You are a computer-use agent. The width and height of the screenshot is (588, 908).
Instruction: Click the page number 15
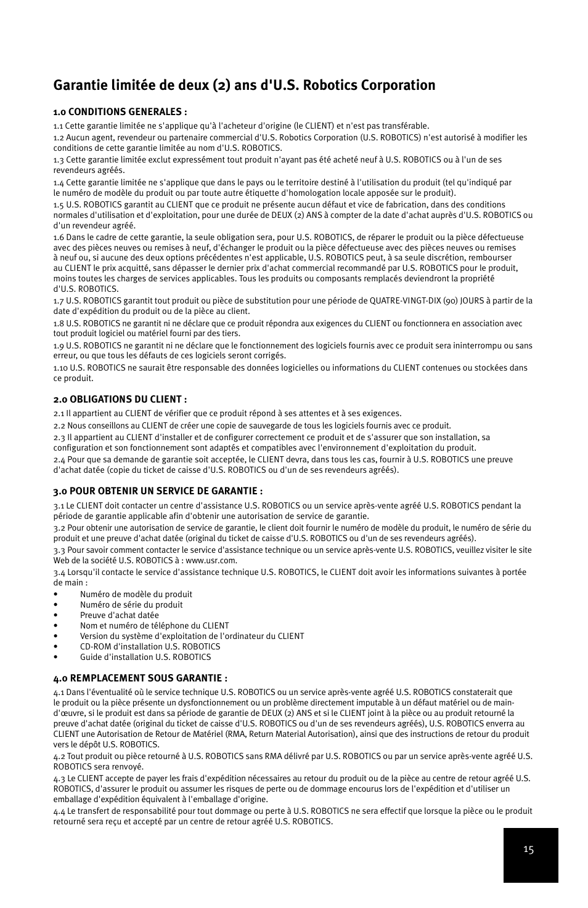point(528,850)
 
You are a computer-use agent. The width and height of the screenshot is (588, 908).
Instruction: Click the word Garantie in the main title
point(78,85)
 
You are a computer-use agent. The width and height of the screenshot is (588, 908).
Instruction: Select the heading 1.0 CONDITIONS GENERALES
point(120,111)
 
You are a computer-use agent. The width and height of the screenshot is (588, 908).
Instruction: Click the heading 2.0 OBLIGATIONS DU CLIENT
point(120,399)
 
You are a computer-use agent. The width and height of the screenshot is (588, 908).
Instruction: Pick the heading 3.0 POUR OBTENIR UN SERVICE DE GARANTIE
point(158,491)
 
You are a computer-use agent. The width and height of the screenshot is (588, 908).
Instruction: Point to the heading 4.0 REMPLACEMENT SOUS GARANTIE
point(145,678)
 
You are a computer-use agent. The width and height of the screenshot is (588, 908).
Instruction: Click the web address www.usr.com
point(211,560)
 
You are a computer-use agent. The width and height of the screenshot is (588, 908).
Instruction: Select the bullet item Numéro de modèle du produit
point(136,594)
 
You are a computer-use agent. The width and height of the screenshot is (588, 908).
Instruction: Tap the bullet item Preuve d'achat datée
point(119,615)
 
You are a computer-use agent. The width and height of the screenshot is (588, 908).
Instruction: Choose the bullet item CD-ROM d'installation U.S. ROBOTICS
point(150,646)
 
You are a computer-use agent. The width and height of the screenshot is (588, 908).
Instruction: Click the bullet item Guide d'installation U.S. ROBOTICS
point(145,657)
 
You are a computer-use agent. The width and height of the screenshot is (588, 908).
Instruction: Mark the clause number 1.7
point(59,300)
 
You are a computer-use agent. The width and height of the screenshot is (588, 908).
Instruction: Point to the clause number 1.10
point(60,368)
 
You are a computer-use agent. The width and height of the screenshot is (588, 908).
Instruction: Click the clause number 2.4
point(59,459)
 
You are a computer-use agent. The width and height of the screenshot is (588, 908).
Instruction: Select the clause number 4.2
point(59,756)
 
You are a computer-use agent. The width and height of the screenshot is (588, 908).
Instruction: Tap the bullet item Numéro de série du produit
point(131,605)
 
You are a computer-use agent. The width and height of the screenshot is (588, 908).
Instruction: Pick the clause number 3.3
point(59,550)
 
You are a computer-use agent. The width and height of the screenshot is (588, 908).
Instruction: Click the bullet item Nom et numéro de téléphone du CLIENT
point(154,625)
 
